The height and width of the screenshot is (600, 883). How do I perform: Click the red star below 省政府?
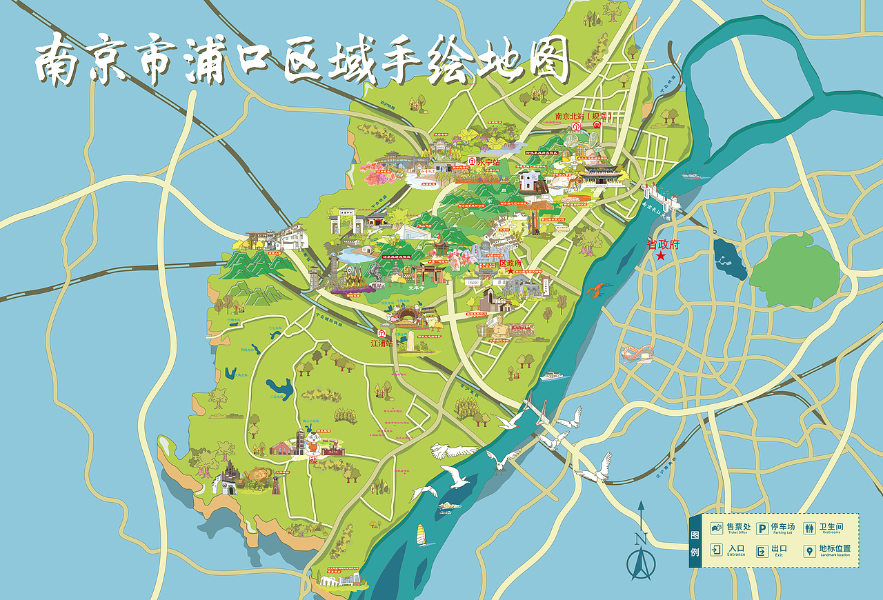[661, 257]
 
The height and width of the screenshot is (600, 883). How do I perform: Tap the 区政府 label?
[511, 263]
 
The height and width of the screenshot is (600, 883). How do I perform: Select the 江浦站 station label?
[381, 343]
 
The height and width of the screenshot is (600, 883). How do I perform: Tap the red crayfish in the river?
[597, 289]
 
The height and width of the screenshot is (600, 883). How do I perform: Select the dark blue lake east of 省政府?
[730, 259]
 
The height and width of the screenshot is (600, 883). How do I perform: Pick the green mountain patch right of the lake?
[794, 276]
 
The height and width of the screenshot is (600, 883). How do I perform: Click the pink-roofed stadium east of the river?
[639, 354]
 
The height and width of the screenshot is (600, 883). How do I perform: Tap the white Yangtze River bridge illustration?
[659, 197]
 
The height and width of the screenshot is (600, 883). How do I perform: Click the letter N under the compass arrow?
[641, 539]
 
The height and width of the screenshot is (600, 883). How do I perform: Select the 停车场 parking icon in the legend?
[762, 529]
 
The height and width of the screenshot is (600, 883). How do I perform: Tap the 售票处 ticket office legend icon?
[717, 529]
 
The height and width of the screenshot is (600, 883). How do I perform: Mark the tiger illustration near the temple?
[572, 183]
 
